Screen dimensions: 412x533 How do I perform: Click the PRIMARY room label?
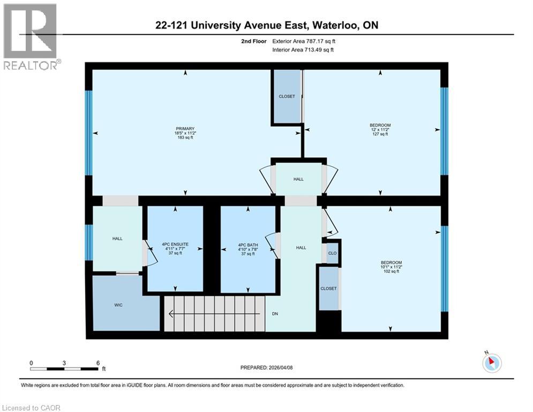185,129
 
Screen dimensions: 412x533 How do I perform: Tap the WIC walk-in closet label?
118,305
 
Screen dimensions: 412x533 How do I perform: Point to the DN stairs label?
275,314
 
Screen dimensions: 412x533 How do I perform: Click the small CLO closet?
332,253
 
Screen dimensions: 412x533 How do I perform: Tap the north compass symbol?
491,363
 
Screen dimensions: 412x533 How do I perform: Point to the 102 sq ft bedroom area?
391,272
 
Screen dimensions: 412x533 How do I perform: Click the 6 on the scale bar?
97,363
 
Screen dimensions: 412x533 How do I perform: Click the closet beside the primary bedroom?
287,97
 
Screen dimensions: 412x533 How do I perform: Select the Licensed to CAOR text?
31,408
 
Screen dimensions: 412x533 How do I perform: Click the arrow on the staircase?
214,314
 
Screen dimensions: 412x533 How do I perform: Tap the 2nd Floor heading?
254,41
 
